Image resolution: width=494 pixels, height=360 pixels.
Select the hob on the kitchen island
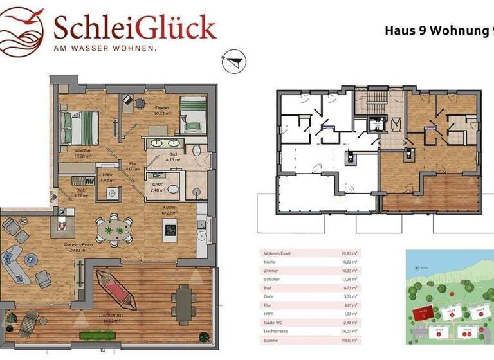170,229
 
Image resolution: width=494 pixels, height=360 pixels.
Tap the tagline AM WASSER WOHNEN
105,48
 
